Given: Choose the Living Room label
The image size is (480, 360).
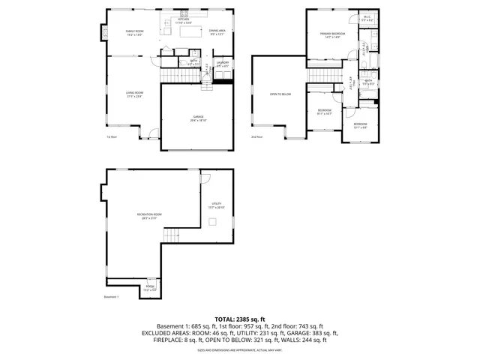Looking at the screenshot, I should [134, 94].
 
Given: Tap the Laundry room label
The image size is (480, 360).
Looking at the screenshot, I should [222, 64].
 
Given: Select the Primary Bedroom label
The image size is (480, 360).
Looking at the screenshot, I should [332, 34].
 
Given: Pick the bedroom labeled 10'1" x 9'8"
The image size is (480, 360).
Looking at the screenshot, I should [360, 124].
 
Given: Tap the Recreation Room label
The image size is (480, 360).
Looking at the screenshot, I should [149, 216].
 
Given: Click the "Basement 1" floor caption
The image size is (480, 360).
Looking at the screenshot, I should [112, 297].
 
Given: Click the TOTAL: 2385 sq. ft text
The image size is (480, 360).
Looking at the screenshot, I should [240, 319].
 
